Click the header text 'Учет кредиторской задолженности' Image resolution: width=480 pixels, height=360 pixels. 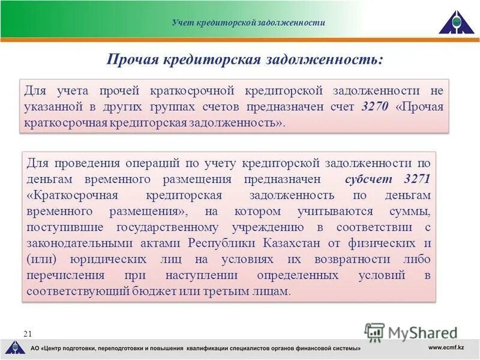pyautogui.click(x=248, y=23)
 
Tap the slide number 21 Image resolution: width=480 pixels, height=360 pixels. pyautogui.click(x=27, y=333)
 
